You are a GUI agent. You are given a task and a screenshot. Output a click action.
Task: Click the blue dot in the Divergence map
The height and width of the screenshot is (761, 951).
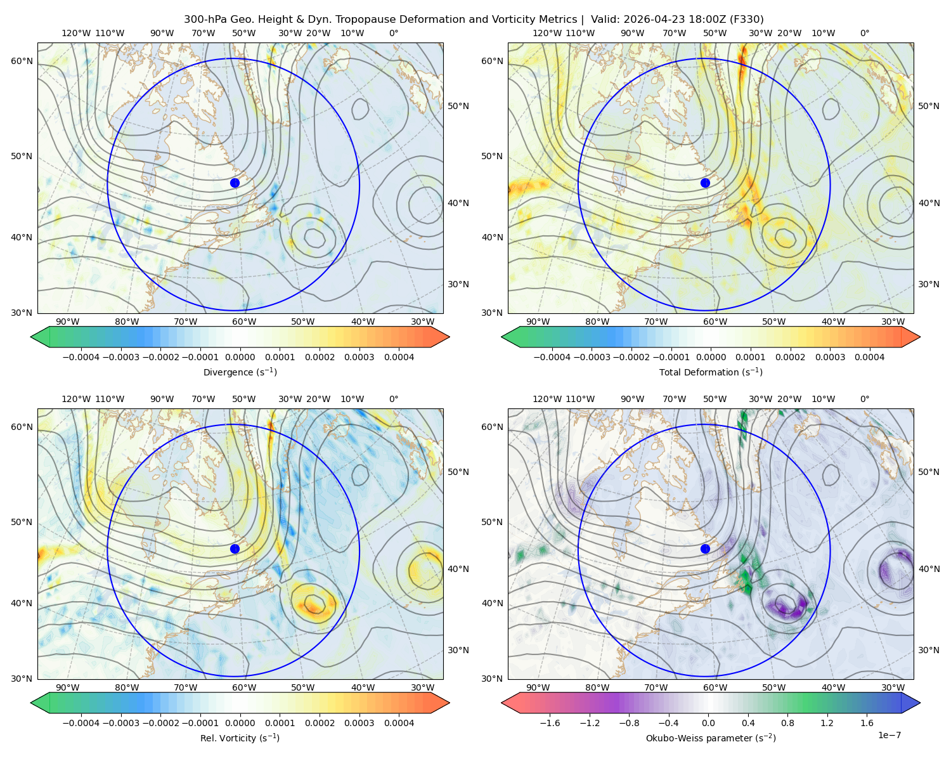coord(235,183)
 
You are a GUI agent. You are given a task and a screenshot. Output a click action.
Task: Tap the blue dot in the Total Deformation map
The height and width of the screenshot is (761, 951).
coord(705,183)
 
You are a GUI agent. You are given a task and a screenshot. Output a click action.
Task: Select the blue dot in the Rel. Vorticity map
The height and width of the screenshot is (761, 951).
coord(235,549)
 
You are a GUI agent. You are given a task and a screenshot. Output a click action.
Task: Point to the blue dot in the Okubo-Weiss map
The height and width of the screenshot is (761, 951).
coord(705,549)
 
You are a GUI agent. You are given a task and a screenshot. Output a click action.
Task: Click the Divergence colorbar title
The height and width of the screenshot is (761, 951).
coord(240,372)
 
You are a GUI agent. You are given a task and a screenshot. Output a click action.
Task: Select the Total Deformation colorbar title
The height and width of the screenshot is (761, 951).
coord(711,372)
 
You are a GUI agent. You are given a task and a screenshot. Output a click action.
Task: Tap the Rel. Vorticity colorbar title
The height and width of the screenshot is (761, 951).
coord(240,738)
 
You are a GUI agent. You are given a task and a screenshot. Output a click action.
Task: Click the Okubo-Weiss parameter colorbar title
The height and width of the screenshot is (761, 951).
coord(711,738)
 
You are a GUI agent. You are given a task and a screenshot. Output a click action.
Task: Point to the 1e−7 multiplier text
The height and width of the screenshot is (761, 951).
coord(889,735)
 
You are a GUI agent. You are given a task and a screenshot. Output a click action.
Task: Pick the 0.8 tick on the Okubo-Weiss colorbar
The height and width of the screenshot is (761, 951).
coord(787,722)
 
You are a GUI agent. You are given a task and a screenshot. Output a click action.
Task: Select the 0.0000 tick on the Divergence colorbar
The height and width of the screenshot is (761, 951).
coord(240,357)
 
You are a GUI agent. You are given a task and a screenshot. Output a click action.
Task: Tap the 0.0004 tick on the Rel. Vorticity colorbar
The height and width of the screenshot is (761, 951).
coord(399,722)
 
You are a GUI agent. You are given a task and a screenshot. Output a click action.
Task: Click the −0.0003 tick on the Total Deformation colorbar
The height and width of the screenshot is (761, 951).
coord(592,357)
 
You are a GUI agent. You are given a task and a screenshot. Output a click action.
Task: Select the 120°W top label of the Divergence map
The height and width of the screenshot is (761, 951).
coord(76,33)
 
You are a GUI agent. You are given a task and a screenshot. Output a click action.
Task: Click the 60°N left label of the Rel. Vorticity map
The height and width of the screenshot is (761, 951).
coord(22,427)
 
